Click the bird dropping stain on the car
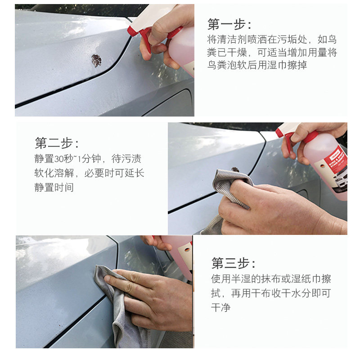click(96, 60)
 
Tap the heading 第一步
click(229, 24)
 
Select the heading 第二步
click(56, 143)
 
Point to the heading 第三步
click(233, 263)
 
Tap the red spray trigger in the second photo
click(288, 139)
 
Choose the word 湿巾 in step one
click(276, 65)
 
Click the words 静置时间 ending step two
click(54, 188)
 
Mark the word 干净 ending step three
click(221, 308)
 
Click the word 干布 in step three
click(261, 294)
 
